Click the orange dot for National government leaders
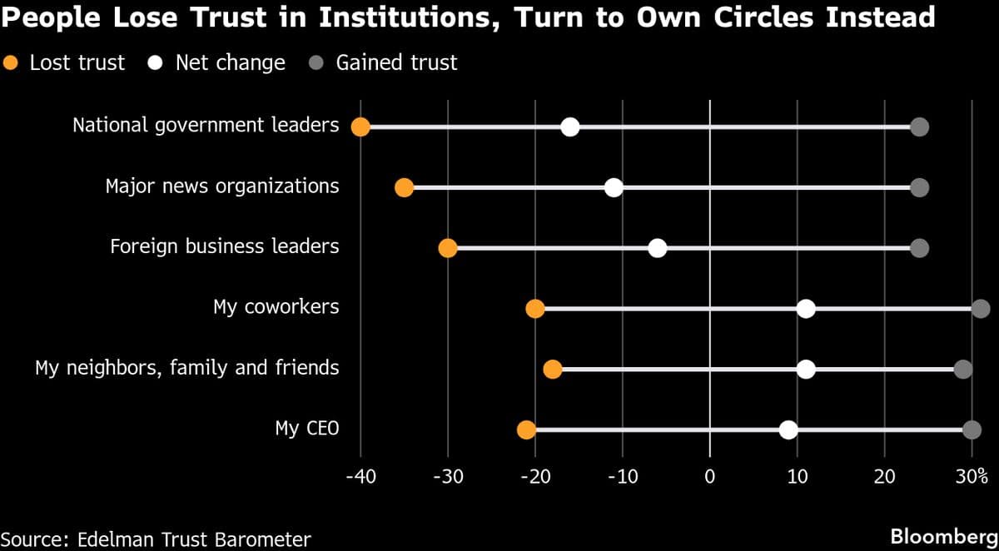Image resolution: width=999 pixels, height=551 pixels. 360,127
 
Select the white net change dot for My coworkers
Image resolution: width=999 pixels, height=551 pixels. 806,309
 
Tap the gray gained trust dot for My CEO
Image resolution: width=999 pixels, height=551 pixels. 972,429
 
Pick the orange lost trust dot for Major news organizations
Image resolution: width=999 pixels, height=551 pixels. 404,187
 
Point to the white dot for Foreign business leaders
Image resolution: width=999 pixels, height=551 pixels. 658,248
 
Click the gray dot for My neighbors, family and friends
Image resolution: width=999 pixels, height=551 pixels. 963,370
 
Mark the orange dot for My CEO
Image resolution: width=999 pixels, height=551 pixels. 526,429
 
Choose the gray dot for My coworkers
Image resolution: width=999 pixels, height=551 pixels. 981,309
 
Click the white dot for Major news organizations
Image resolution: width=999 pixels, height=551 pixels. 614,187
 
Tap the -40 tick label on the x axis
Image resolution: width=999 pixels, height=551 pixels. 360,477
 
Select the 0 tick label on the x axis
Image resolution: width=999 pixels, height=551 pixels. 709,477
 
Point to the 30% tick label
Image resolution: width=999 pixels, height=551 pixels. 972,477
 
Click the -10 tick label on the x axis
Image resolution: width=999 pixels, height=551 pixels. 622,477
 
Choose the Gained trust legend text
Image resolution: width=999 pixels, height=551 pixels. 396,62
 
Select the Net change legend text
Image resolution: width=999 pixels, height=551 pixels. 230,62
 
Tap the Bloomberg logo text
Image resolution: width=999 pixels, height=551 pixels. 943,537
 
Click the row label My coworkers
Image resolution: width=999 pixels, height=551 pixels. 276,307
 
